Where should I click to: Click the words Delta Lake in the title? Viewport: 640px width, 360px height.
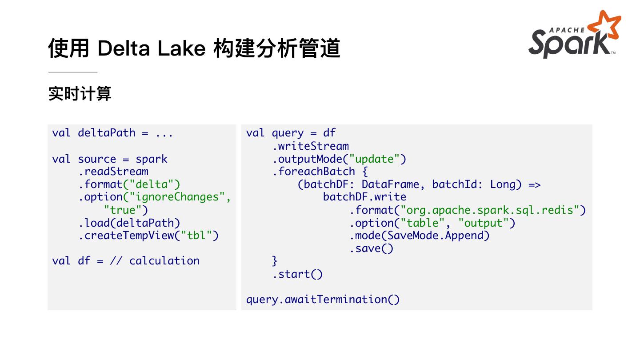151,48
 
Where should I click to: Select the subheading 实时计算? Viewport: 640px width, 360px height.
80,94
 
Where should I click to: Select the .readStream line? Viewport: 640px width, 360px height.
113,172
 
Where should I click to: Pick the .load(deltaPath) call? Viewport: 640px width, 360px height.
129,223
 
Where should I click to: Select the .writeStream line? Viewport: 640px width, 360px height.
311,146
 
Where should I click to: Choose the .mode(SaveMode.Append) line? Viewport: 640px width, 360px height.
420,235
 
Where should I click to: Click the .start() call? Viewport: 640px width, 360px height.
297,274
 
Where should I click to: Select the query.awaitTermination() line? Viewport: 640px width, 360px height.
323,300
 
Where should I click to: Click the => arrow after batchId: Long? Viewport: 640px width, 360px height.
534,184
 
